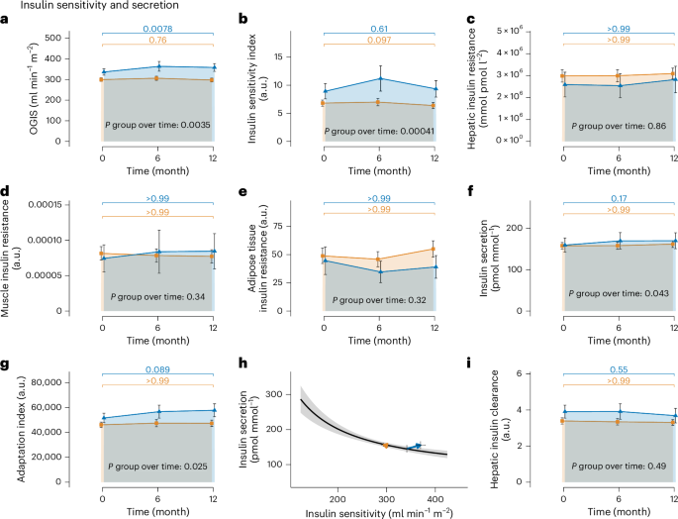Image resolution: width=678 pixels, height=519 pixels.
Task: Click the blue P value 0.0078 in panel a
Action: pyautogui.click(x=157, y=29)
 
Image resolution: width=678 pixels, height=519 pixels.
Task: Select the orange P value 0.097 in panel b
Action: pyautogui.click(x=379, y=41)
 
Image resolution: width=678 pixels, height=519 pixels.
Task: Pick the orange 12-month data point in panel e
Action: pyautogui.click(x=435, y=250)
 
